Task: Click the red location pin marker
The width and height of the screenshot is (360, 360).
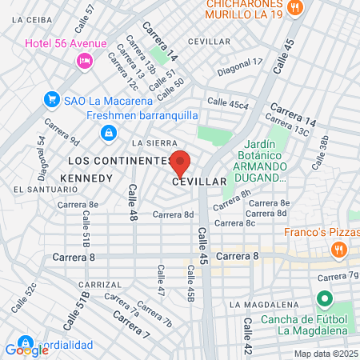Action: tap(180, 162)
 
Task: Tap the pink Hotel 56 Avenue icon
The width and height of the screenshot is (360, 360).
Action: tap(83, 60)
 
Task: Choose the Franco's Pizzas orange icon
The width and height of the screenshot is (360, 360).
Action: tap(338, 250)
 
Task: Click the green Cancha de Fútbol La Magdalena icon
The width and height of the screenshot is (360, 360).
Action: tap(324, 301)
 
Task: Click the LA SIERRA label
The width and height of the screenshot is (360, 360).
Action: tap(149, 142)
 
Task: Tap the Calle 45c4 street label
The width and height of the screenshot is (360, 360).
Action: tap(228, 102)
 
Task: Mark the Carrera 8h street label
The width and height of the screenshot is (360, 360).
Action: tap(231, 200)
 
